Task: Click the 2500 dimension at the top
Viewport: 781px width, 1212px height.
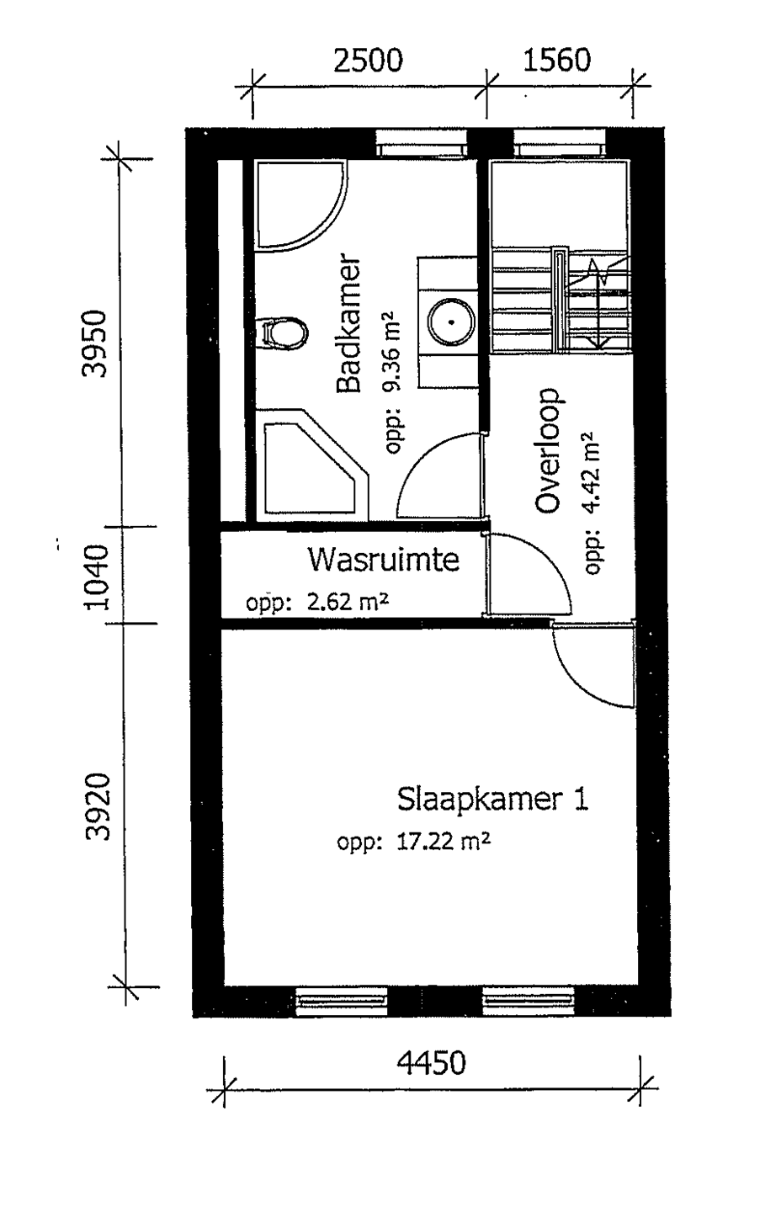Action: (368, 61)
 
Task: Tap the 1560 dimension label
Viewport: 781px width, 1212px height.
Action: (556, 61)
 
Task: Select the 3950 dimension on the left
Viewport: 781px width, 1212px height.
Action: (95, 343)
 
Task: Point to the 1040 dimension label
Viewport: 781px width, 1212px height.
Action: (96, 577)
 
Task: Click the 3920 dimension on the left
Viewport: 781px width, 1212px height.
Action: (98, 806)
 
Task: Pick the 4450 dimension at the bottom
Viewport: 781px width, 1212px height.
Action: (431, 1063)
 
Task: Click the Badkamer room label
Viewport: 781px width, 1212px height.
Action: (349, 323)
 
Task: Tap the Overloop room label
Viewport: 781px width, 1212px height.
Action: (547, 450)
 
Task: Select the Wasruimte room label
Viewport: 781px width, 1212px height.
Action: (384, 560)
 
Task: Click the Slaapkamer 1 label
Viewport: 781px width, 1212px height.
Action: (492, 800)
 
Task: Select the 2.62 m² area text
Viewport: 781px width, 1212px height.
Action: (348, 602)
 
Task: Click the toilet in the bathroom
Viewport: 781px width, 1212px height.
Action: (281, 332)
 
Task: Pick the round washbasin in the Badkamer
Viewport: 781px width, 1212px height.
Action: (452, 322)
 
